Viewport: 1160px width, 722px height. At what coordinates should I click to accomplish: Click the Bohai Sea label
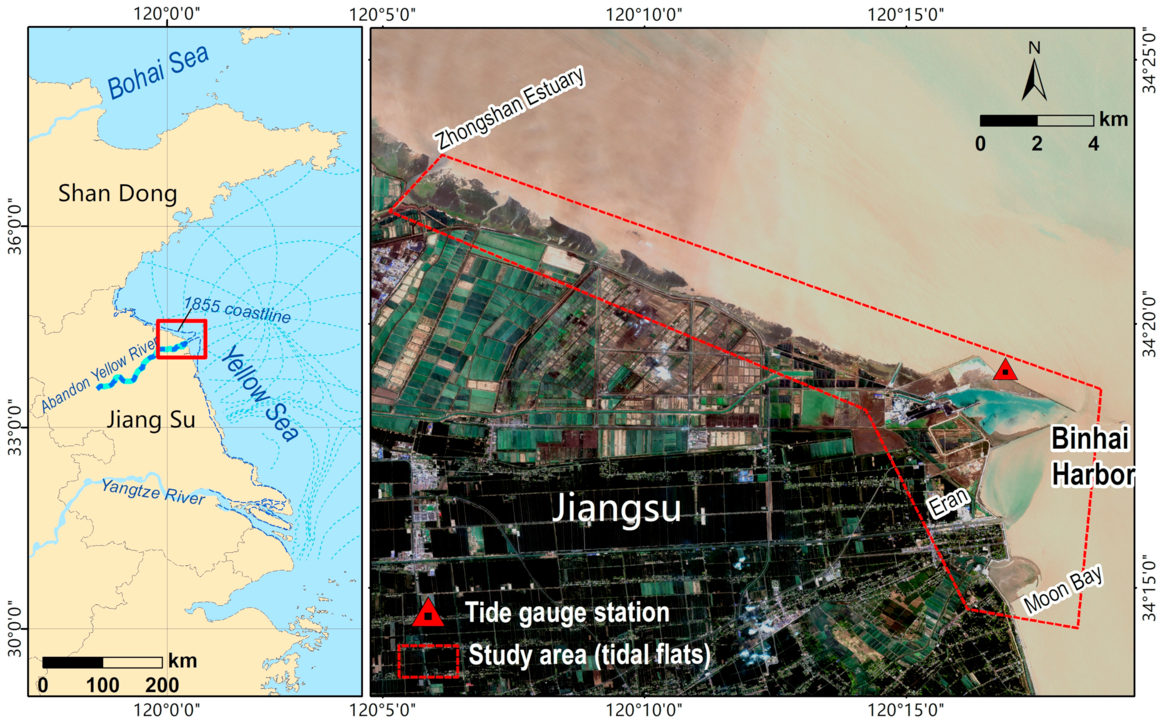click(158, 72)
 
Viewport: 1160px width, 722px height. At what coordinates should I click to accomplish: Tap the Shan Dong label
click(117, 194)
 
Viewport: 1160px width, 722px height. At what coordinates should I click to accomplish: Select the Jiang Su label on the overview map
click(151, 420)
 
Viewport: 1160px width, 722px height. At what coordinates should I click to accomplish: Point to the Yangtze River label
click(153, 492)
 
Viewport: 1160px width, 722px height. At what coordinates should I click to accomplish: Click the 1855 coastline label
click(237, 310)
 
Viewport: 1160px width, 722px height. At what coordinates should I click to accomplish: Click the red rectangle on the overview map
click(182, 339)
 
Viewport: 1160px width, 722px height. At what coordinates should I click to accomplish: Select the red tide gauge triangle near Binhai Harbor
click(1005, 370)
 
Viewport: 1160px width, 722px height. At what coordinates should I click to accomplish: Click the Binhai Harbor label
click(1093, 456)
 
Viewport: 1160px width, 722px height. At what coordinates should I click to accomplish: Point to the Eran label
click(949, 502)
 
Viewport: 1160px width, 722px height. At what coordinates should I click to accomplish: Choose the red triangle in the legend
click(428, 614)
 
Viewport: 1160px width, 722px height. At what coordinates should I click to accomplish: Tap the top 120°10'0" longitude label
click(644, 14)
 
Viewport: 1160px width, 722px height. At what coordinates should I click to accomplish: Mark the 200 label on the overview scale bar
click(162, 685)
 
